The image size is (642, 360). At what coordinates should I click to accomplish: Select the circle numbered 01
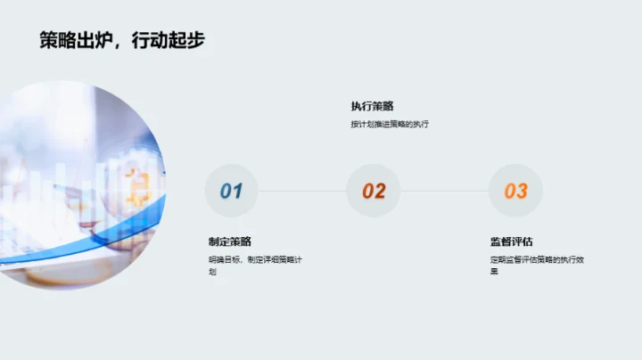point(231,191)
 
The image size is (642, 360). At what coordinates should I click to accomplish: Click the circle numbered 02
point(374,191)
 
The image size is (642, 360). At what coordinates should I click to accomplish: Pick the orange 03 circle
point(515,191)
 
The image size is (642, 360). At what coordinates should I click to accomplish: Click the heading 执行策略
point(372,106)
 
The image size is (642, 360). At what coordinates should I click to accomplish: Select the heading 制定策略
point(230,241)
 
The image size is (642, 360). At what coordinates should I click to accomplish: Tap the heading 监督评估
point(511,241)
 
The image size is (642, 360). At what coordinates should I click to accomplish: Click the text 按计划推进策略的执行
point(390,124)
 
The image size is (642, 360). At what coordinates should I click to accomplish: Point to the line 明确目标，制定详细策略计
point(256,260)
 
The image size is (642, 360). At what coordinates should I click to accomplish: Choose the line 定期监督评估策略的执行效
point(537,260)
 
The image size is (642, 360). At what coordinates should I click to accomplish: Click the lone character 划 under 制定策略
point(212,272)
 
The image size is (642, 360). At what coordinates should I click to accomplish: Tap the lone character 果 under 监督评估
point(494,272)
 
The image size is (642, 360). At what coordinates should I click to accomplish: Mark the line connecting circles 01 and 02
point(302,191)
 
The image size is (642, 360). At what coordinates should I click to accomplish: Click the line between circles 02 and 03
point(445,191)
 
